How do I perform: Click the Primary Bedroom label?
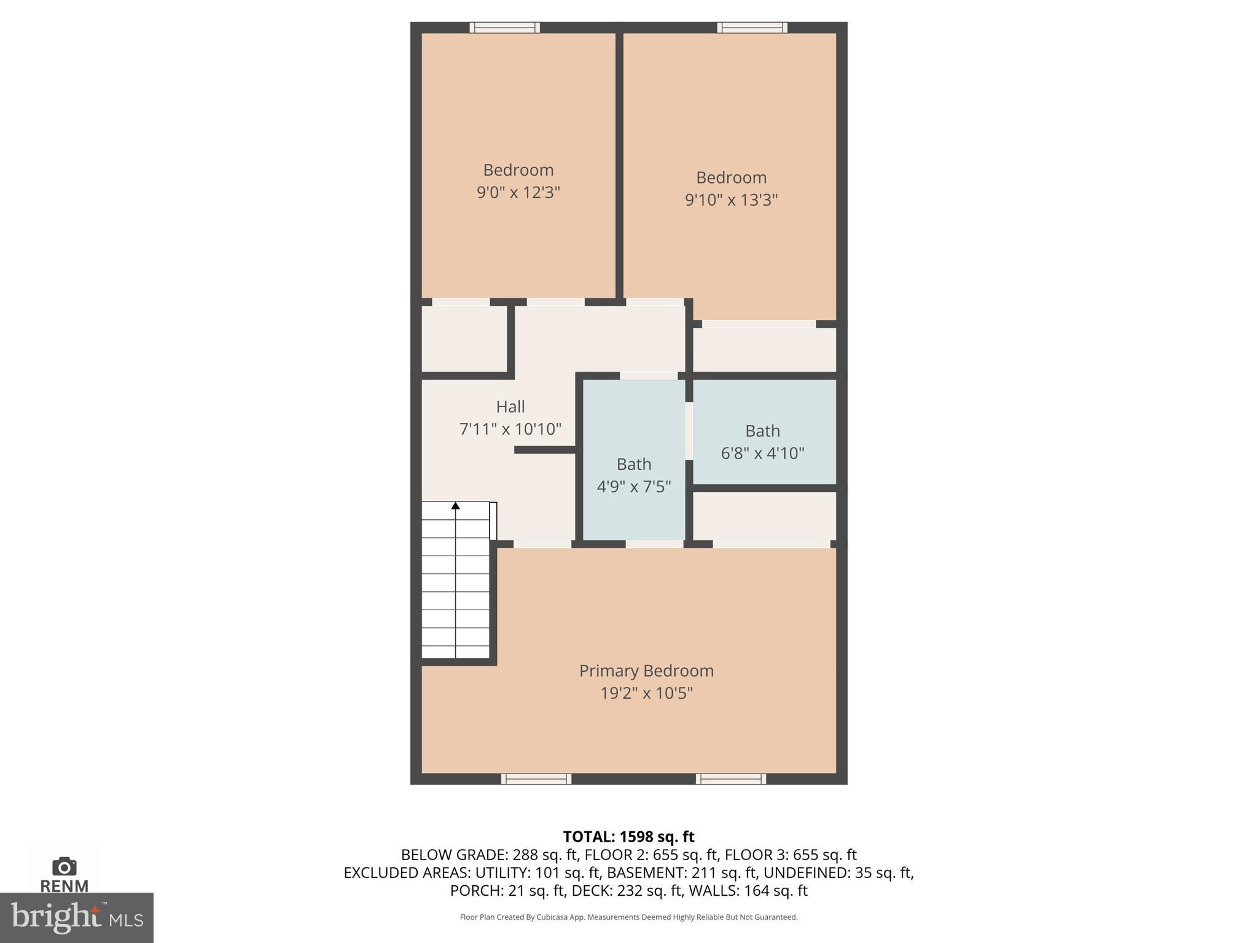pos(646,670)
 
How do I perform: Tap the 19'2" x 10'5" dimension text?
pos(646,693)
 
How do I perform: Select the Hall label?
pos(510,406)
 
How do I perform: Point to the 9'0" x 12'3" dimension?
pos(518,193)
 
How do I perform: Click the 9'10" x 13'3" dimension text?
pos(731,200)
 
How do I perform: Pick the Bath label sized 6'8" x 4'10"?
pos(762,431)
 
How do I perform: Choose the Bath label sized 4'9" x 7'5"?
pos(634,464)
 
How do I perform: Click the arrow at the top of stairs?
pos(456,506)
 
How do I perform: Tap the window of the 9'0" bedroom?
pos(505,28)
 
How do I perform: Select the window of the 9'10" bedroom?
pos(752,28)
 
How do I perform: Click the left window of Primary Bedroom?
pos(536,779)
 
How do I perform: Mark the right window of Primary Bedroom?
pos(730,779)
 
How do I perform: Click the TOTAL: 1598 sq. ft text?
pos(628,837)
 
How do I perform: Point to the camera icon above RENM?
pos(64,867)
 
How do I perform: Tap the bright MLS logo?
pos(77,917)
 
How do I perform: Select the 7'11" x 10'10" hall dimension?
pos(510,429)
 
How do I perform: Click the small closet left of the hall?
pos(464,339)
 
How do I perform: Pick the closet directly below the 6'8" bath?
pos(764,516)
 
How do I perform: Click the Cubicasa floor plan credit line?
pos(628,917)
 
